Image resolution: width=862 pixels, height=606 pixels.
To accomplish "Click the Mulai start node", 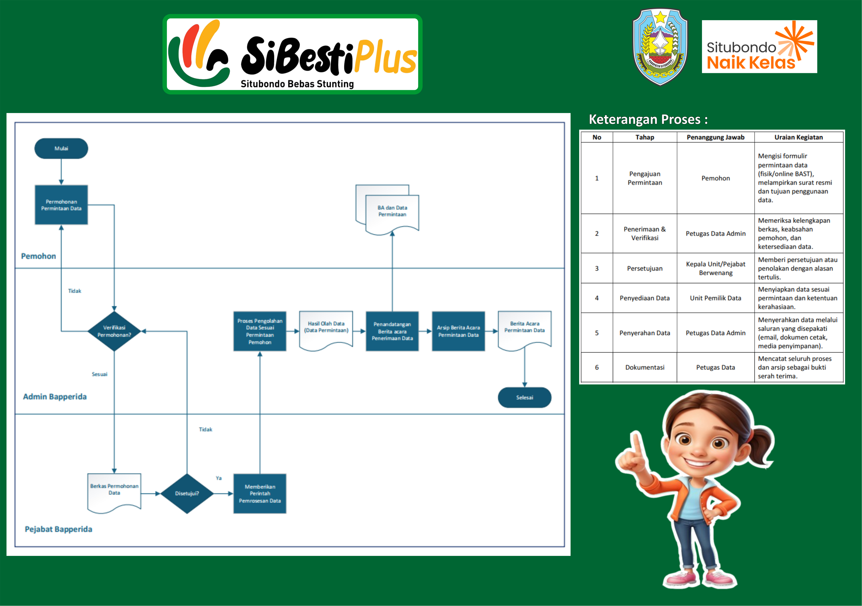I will tap(61, 148).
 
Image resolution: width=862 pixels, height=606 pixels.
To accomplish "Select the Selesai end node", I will tap(524, 397).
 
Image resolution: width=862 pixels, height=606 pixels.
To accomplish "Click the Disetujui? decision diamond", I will tap(187, 493).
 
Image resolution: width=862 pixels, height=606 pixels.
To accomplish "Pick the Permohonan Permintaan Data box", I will tap(61, 205).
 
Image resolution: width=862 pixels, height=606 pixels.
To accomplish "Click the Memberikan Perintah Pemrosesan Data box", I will tap(260, 493).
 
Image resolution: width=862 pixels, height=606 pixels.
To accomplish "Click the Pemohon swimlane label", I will tap(38, 256).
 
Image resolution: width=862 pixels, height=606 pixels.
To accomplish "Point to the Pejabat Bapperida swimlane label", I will tap(59, 529).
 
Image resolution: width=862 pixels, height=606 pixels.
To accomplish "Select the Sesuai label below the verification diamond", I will tap(99, 374).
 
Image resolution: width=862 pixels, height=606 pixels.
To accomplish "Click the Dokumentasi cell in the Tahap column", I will tap(645, 367).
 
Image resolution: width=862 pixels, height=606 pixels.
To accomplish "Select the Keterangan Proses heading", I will tap(648, 119).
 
